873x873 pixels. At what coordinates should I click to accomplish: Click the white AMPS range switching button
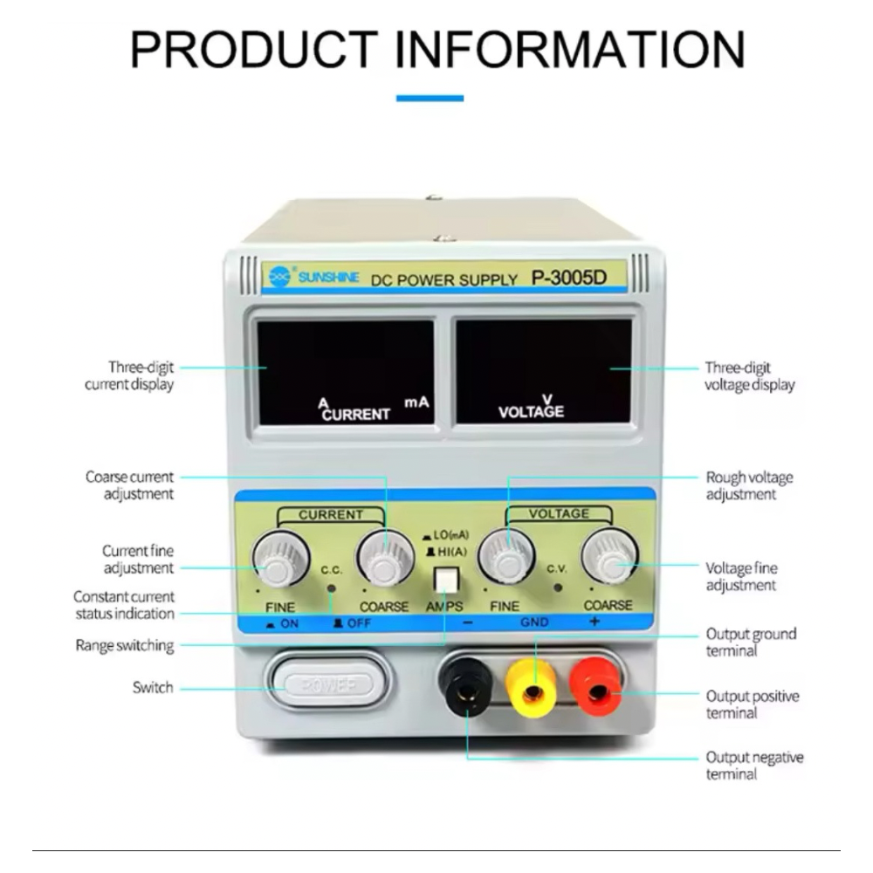tap(445, 579)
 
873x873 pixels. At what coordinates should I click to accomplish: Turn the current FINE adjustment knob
tap(280, 559)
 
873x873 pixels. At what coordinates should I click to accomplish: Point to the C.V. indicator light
tap(557, 587)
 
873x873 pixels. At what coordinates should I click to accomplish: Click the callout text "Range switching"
tap(125, 646)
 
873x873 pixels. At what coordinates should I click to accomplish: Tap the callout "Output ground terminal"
tap(751, 642)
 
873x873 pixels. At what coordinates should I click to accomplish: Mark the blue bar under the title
tap(430, 99)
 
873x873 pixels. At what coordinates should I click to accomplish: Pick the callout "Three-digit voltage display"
tap(749, 376)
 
